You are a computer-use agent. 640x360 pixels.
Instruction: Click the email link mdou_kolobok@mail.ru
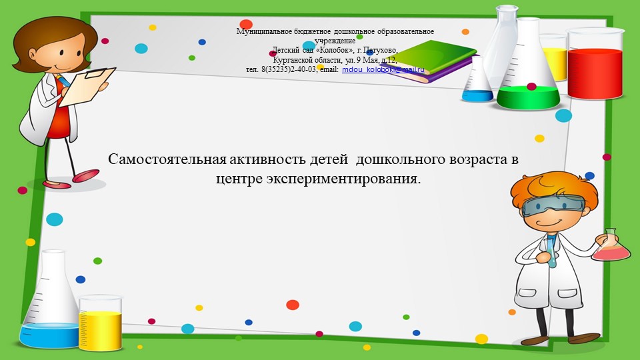click(x=383, y=69)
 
